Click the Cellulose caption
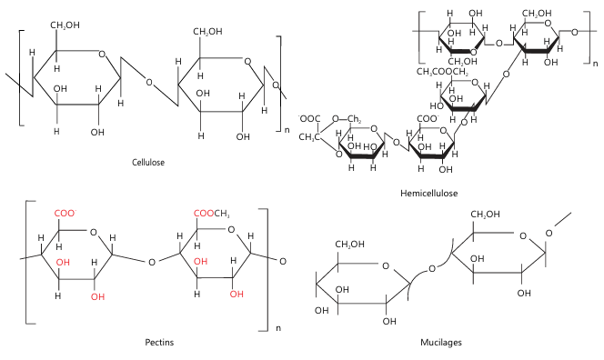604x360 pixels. [x=148, y=162]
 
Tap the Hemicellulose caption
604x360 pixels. [x=429, y=193]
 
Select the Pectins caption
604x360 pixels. [x=159, y=342]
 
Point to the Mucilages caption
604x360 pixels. [x=441, y=342]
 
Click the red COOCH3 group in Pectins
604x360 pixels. [x=212, y=214]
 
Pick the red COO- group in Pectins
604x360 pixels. [x=65, y=214]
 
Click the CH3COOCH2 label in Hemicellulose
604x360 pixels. [x=443, y=72]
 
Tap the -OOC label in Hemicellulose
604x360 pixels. [x=309, y=119]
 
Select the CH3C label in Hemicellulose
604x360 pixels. [x=309, y=136]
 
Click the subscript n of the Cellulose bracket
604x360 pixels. [x=287, y=130]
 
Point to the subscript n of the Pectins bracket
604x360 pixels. [x=278, y=328]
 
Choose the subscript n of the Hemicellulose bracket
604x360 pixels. [x=596, y=63]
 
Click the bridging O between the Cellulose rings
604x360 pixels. [x=149, y=82]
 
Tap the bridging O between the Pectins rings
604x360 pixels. [x=152, y=262]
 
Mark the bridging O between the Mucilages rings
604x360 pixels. [x=432, y=268]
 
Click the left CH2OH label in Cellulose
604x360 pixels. [x=65, y=25]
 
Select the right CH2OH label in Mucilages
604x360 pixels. [x=485, y=214]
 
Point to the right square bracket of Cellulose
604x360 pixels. [x=278, y=84]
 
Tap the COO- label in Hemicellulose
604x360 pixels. [x=428, y=119]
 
